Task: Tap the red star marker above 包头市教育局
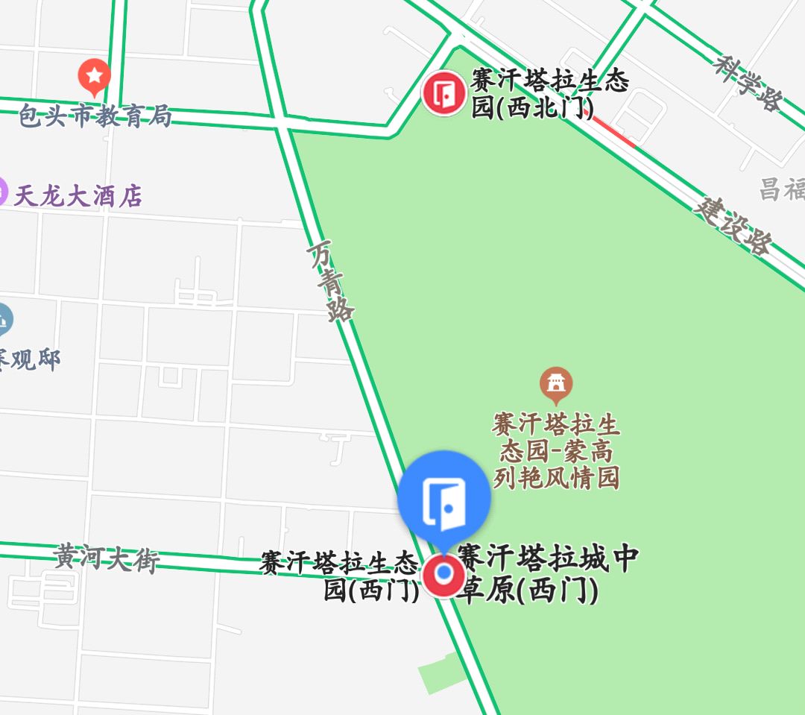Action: pyautogui.click(x=95, y=76)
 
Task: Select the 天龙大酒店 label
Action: pyautogui.click(x=78, y=196)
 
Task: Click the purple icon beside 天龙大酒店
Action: pyautogui.click(x=2, y=192)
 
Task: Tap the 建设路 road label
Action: pyautogui.click(x=733, y=224)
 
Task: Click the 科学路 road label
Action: pyautogui.click(x=747, y=82)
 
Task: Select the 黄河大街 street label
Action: pyautogui.click(x=107, y=558)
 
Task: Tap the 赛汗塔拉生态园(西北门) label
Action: pyautogui.click(x=550, y=94)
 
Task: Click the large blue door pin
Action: pyautogui.click(x=444, y=497)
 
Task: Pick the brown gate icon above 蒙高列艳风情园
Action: pyautogui.click(x=555, y=383)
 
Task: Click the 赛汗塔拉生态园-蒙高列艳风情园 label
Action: pyautogui.click(x=556, y=451)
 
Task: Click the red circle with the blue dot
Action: pyautogui.click(x=444, y=574)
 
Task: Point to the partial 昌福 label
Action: pyautogui.click(x=782, y=189)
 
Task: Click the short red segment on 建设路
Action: pyautogui.click(x=612, y=130)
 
